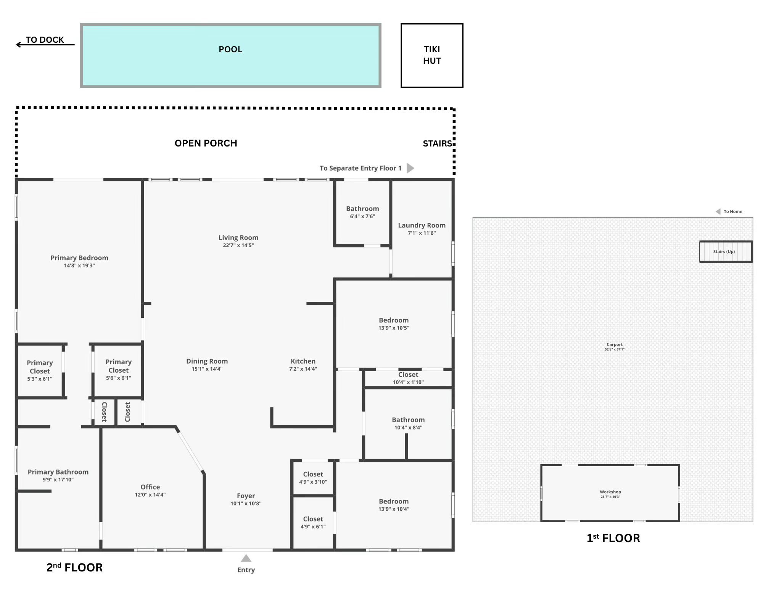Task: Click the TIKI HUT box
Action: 431,55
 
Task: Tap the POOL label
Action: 230,49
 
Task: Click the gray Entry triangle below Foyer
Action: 246,558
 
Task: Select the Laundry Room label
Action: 422,225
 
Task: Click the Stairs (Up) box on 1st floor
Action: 725,251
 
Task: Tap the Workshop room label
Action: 610,492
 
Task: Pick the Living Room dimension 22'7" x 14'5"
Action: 238,245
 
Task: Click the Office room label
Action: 150,487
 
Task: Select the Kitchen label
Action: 303,361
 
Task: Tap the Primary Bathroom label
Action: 58,472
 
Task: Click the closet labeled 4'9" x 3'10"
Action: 313,478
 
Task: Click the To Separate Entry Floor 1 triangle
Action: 410,168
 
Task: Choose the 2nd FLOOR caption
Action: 74,568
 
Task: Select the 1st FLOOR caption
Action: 613,538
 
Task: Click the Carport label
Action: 614,344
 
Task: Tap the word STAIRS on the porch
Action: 437,144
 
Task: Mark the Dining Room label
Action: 207,361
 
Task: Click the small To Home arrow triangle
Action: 718,211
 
